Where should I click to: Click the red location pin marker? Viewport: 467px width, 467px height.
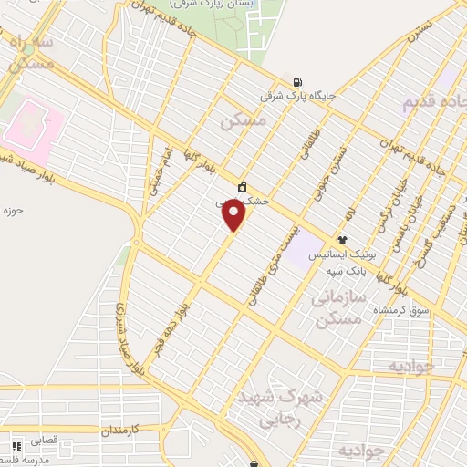pyautogui.click(x=234, y=215)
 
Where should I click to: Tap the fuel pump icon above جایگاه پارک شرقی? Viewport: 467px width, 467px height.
pyautogui.click(x=297, y=79)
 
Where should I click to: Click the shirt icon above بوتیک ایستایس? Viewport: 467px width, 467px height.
pyautogui.click(x=341, y=241)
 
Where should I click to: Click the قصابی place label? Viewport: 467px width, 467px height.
pyautogui.click(x=44, y=439)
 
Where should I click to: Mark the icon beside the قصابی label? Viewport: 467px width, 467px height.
pyautogui.click(x=16, y=446)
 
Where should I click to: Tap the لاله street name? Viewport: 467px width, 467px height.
pyautogui.click(x=348, y=213)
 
